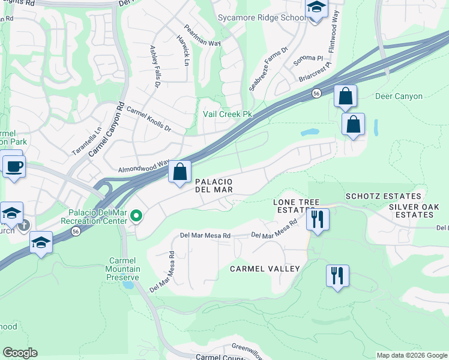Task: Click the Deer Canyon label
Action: click(x=399, y=96)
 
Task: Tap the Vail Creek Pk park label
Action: click(x=228, y=114)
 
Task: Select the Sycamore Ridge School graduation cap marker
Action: click(x=315, y=8)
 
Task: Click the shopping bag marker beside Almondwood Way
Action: click(x=179, y=172)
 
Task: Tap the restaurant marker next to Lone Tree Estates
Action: click(x=318, y=219)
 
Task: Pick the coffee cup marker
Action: click(x=13, y=166)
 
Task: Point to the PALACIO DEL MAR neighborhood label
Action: click(x=214, y=185)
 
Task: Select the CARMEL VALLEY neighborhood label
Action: click(x=265, y=269)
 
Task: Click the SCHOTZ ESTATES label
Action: click(x=383, y=196)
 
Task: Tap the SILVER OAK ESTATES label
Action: click(x=415, y=211)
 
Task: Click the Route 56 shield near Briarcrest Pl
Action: click(x=316, y=93)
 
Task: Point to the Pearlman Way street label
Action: click(x=194, y=35)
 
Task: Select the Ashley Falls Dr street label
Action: click(x=155, y=58)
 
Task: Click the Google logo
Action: click(x=20, y=353)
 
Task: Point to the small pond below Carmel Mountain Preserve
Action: click(x=128, y=284)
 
